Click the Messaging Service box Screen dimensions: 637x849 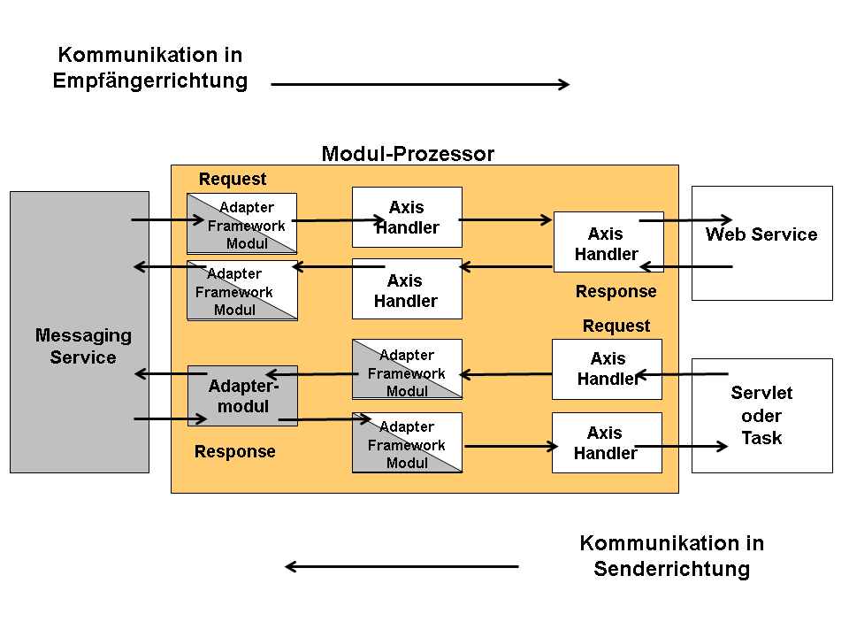(80, 332)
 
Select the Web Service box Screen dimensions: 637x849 (761, 243)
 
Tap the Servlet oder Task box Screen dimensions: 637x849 (761, 415)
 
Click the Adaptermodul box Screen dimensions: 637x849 (242, 395)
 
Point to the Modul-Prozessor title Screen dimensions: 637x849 (408, 154)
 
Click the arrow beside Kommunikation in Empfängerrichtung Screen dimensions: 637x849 (420, 84)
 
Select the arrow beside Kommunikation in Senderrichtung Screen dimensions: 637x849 (402, 567)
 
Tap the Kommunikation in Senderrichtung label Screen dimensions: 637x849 (671, 556)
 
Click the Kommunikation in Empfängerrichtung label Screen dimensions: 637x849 (149, 68)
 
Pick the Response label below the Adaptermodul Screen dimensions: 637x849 (235, 451)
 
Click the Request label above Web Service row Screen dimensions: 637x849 (233, 179)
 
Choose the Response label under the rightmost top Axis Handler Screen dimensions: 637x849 (616, 291)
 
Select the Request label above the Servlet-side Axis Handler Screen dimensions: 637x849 (616, 326)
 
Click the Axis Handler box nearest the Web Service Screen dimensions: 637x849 (608, 243)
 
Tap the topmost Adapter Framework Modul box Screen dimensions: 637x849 (242, 223)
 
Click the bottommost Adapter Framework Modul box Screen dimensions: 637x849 (407, 442)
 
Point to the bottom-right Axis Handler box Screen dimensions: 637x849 (607, 442)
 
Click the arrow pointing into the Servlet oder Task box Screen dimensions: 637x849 (681, 447)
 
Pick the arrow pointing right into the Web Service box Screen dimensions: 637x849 (686, 219)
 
